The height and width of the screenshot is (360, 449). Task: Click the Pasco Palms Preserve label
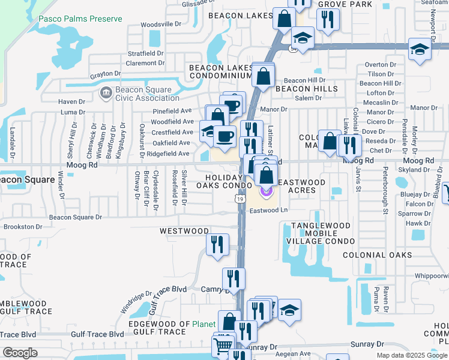coord(80,19)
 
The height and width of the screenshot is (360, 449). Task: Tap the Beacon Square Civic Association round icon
coord(106,93)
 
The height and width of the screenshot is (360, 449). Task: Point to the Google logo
coord(20,352)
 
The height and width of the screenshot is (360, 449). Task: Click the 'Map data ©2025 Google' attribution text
coord(412,355)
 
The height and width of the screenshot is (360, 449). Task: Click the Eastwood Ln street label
coord(270,211)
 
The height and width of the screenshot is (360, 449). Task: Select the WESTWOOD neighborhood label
coord(184,231)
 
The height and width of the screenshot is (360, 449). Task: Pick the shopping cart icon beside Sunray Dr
coord(223,345)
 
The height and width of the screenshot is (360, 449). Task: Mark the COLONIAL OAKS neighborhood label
coord(377,255)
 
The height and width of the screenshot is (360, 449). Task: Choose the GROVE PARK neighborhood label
coord(338,4)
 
